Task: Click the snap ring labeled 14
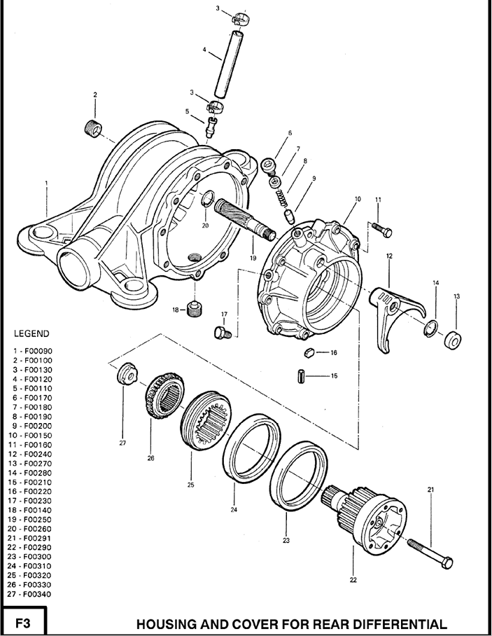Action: click(x=431, y=329)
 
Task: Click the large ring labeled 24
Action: click(x=252, y=455)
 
